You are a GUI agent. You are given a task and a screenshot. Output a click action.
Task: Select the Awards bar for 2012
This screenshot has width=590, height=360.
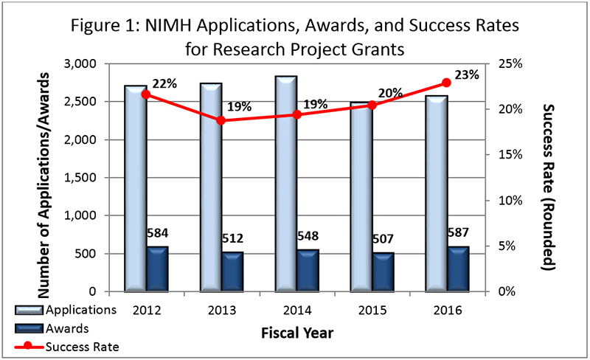point(157,269)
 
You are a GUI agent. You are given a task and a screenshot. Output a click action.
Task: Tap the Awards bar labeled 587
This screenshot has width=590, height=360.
point(457,269)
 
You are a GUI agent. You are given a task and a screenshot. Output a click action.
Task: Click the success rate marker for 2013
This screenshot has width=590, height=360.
point(221,120)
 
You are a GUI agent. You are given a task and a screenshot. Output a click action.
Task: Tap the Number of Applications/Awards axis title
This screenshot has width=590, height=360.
point(49,178)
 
